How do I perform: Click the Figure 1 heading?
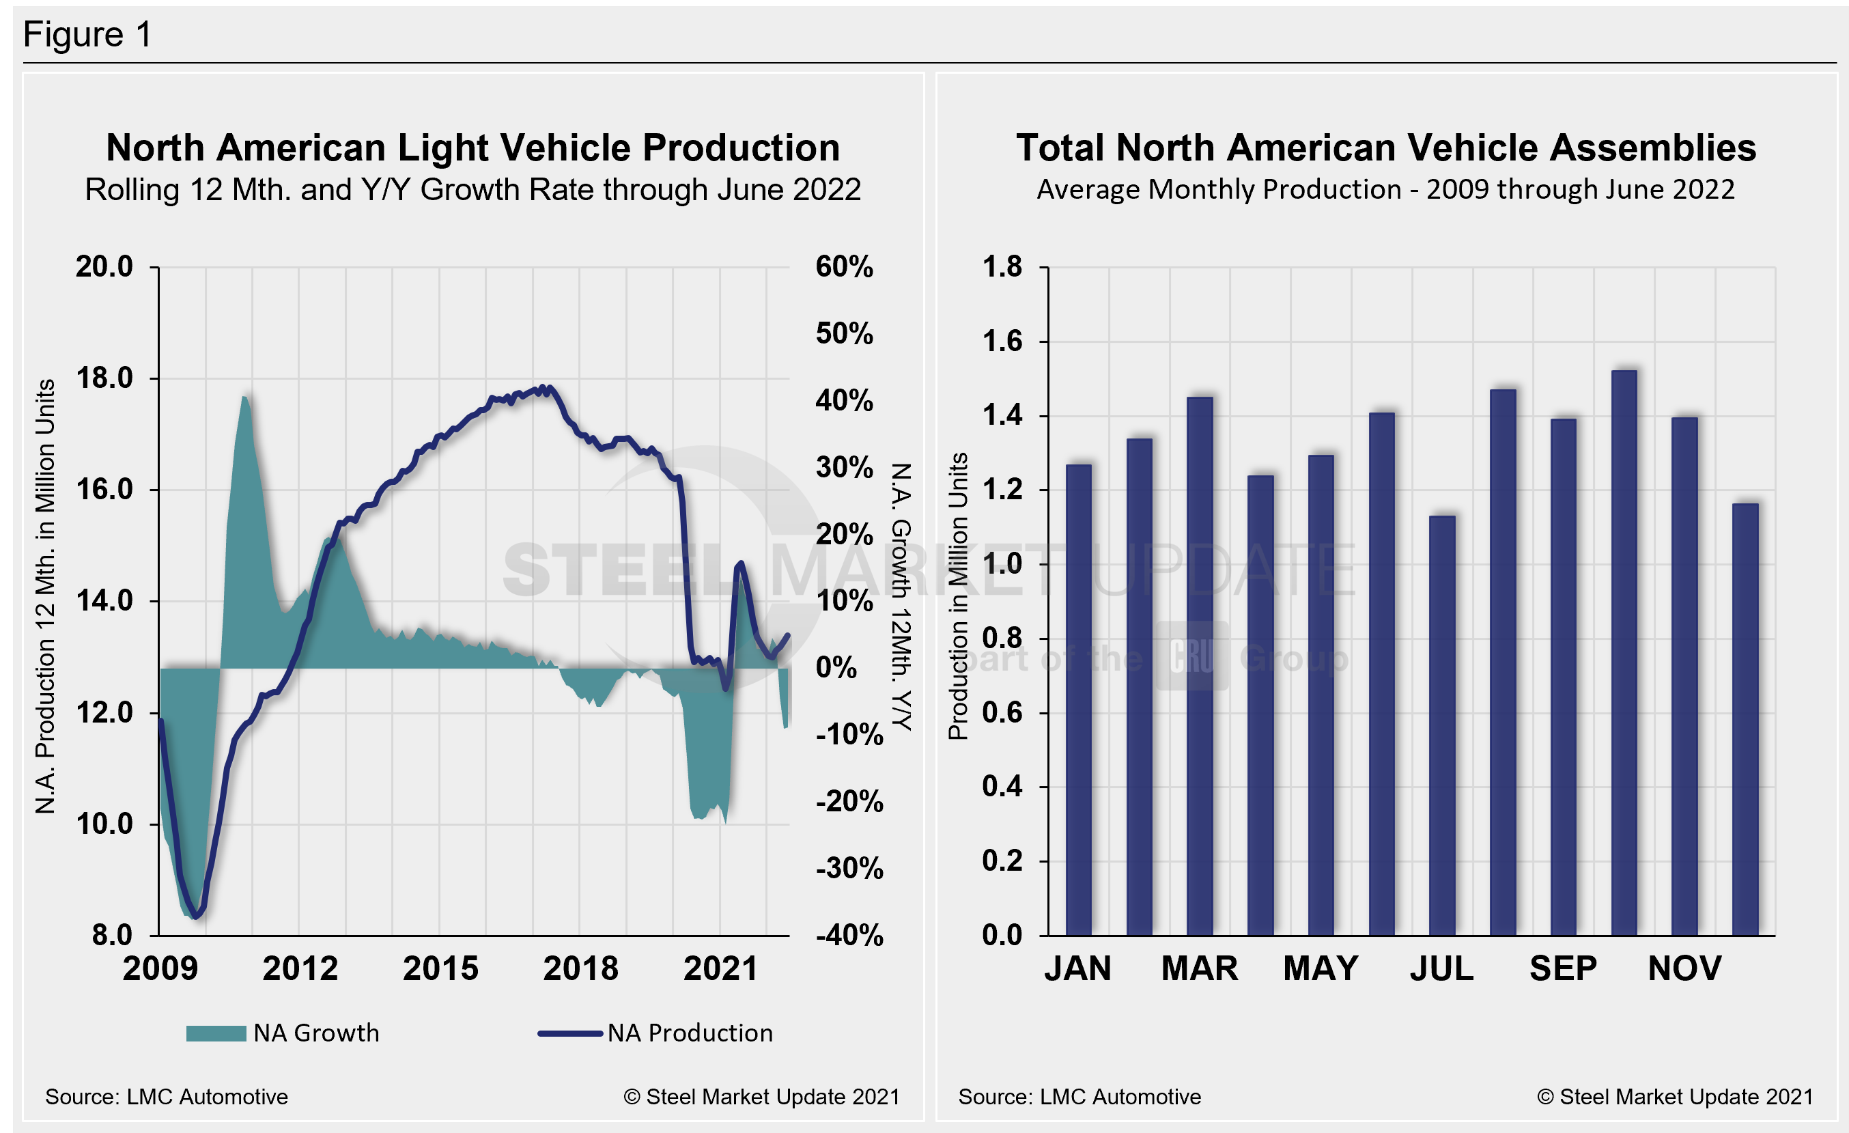click(88, 35)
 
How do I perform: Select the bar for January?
click(1078, 699)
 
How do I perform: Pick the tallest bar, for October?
click(1624, 653)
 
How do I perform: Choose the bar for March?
click(1199, 667)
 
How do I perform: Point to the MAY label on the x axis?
click(1321, 968)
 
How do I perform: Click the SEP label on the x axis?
click(1563, 968)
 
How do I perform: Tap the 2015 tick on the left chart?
click(440, 968)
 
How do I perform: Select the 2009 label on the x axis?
click(160, 968)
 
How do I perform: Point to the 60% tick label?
click(844, 267)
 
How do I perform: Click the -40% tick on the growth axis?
click(849, 936)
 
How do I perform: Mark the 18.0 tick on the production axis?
click(104, 378)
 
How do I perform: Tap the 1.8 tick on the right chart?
click(1002, 266)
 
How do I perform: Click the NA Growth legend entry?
click(283, 1033)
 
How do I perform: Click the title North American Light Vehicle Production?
click(472, 148)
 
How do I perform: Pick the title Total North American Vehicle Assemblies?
click(1386, 148)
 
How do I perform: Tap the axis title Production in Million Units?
click(958, 596)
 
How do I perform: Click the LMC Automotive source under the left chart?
click(167, 1097)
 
